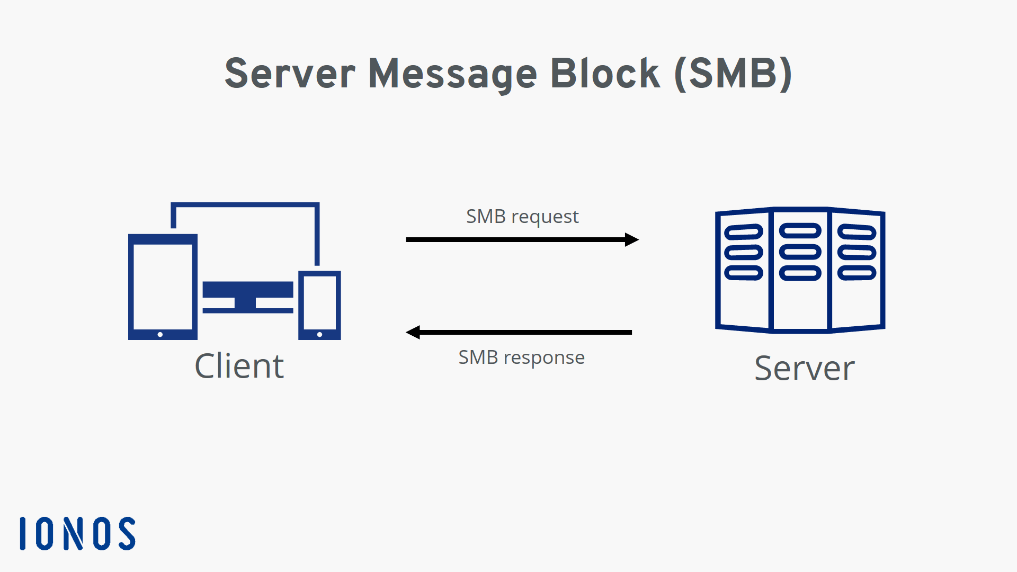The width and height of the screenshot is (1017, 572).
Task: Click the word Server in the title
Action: pyautogui.click(x=290, y=74)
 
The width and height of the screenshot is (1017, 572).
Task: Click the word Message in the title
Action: pyautogui.click(x=452, y=74)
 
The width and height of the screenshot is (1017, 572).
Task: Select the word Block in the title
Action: pyautogui.click(x=605, y=74)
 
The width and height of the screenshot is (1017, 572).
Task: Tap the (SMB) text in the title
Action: pyautogui.click(x=734, y=74)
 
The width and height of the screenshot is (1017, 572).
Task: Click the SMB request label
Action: pyautogui.click(x=522, y=217)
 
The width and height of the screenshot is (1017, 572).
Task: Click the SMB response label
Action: pyautogui.click(x=521, y=358)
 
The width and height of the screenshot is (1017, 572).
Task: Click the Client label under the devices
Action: pyautogui.click(x=239, y=366)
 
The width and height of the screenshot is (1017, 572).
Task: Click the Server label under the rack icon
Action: pyautogui.click(x=804, y=368)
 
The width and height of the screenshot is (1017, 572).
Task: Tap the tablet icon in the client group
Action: pyautogui.click(x=163, y=287)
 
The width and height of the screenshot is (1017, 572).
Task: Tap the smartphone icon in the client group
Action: pyautogui.click(x=319, y=305)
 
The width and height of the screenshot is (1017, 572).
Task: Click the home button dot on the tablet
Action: pyautogui.click(x=160, y=334)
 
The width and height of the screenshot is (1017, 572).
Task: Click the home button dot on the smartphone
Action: pyautogui.click(x=319, y=334)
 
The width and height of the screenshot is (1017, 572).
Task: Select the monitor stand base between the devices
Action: pyautogui.click(x=247, y=310)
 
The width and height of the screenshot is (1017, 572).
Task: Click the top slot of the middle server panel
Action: pyautogui.click(x=800, y=230)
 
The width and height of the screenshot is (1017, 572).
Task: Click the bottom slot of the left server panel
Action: pyautogui.click(x=744, y=273)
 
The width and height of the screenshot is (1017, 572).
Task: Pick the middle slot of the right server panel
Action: pyautogui.click(x=857, y=252)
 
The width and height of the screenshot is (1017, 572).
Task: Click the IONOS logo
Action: pyautogui.click(x=78, y=534)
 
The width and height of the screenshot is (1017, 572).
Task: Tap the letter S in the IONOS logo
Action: pyautogui.click(x=127, y=534)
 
